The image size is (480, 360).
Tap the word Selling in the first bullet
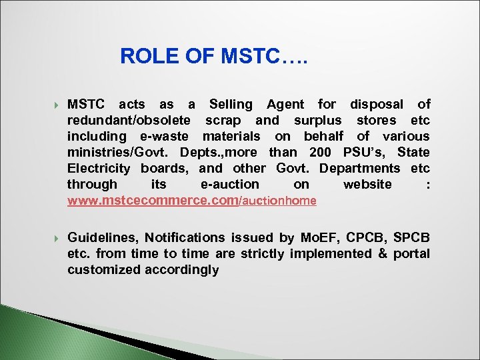click(231, 105)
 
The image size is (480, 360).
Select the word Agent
click(285, 105)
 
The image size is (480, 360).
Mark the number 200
click(321, 153)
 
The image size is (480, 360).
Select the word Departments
click(360, 169)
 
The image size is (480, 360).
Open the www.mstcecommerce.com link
click(153, 201)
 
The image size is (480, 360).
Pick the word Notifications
click(185, 238)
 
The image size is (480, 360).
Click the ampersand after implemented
click(383, 254)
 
